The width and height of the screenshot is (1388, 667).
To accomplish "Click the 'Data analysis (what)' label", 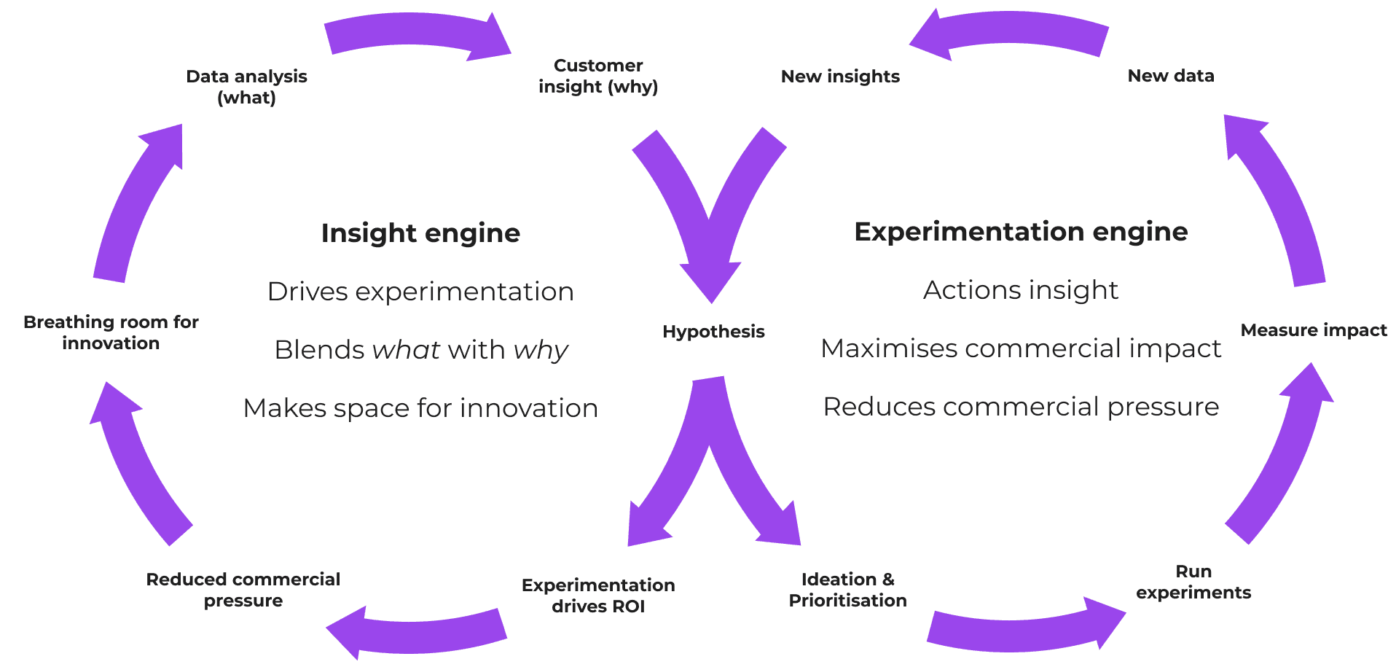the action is (x=246, y=87).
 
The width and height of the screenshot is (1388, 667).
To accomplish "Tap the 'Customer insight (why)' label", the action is (x=598, y=76).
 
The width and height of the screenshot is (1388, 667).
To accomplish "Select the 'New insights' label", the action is (x=840, y=77).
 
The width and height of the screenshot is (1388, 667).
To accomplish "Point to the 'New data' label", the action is (x=1170, y=76).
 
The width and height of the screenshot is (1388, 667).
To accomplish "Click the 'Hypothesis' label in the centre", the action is (x=713, y=332).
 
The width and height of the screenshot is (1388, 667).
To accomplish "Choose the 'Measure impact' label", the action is (x=1313, y=330).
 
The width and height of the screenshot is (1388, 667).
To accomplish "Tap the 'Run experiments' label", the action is (x=1193, y=582).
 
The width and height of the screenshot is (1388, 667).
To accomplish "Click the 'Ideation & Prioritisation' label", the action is (x=847, y=590).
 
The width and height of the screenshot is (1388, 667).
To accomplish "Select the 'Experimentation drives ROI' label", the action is (x=598, y=596).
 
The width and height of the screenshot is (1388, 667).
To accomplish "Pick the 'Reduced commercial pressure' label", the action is (x=243, y=590).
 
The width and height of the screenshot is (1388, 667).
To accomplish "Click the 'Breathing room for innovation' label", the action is (x=111, y=332).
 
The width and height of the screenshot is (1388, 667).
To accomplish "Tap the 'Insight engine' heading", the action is (x=420, y=233).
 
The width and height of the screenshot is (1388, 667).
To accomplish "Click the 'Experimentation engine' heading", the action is (x=1020, y=232).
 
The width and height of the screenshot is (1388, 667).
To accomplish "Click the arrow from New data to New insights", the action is (x=1013, y=32).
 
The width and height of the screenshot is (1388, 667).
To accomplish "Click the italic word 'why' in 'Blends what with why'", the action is (x=540, y=351).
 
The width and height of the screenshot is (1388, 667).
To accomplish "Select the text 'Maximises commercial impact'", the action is (x=1020, y=348).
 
